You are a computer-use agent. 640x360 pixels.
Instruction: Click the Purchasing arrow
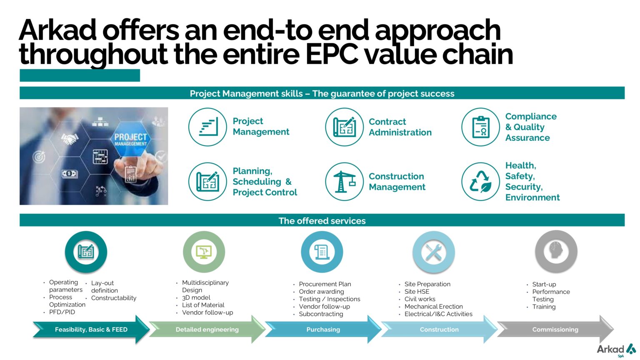coord(323,330)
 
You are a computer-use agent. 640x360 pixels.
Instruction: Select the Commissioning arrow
coord(555,330)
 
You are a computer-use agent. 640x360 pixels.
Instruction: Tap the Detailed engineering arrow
coord(207,330)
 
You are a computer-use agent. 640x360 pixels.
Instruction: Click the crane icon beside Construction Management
coord(344,182)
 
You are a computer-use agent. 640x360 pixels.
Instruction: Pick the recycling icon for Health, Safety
coord(480,182)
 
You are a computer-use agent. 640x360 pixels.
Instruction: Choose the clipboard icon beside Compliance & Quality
coord(480,127)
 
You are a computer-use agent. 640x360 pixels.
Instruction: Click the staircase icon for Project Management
coord(208,127)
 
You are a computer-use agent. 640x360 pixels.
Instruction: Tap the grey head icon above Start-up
coord(556,251)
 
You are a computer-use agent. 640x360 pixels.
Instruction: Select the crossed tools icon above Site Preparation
coord(433,252)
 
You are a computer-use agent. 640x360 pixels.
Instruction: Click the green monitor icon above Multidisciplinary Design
coord(204,252)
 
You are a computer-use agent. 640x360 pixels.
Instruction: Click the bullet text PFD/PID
coord(62,312)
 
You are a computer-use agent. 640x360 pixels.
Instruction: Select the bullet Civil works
coord(420,299)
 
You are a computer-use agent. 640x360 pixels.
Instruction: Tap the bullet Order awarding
coord(321,291)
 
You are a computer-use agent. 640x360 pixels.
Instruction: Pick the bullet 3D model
coord(196,297)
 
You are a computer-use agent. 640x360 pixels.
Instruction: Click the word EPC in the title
coord(332,54)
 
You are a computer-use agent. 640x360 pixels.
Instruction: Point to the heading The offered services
coord(322,220)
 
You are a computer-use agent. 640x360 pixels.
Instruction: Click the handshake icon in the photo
coord(70,139)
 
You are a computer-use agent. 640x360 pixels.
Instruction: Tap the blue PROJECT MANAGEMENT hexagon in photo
coord(130,139)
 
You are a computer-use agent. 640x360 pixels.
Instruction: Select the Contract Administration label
coord(400,127)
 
